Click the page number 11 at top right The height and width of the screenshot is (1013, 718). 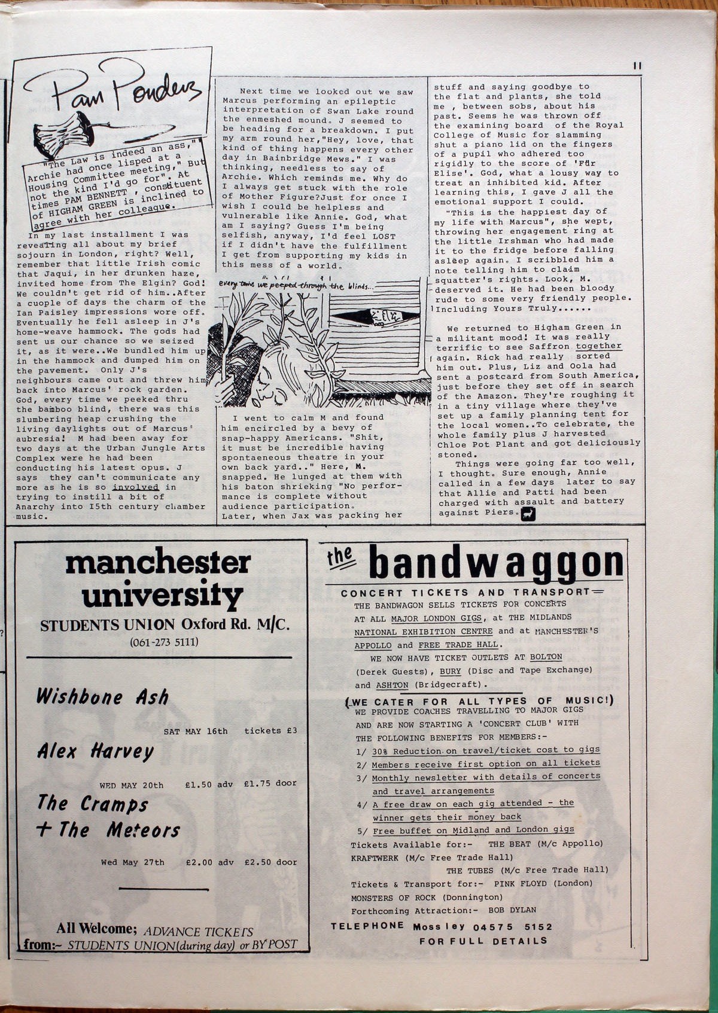(x=637, y=66)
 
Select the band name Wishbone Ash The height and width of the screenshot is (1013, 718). (x=102, y=697)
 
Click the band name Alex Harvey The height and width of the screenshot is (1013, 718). (x=95, y=751)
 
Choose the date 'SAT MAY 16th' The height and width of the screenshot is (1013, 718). (x=196, y=731)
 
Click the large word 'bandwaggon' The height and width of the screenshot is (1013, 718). (x=496, y=563)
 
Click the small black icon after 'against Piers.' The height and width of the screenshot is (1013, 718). (x=528, y=514)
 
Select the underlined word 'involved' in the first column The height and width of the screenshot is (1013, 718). (x=135, y=487)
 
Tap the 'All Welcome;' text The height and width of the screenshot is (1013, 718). (x=96, y=929)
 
